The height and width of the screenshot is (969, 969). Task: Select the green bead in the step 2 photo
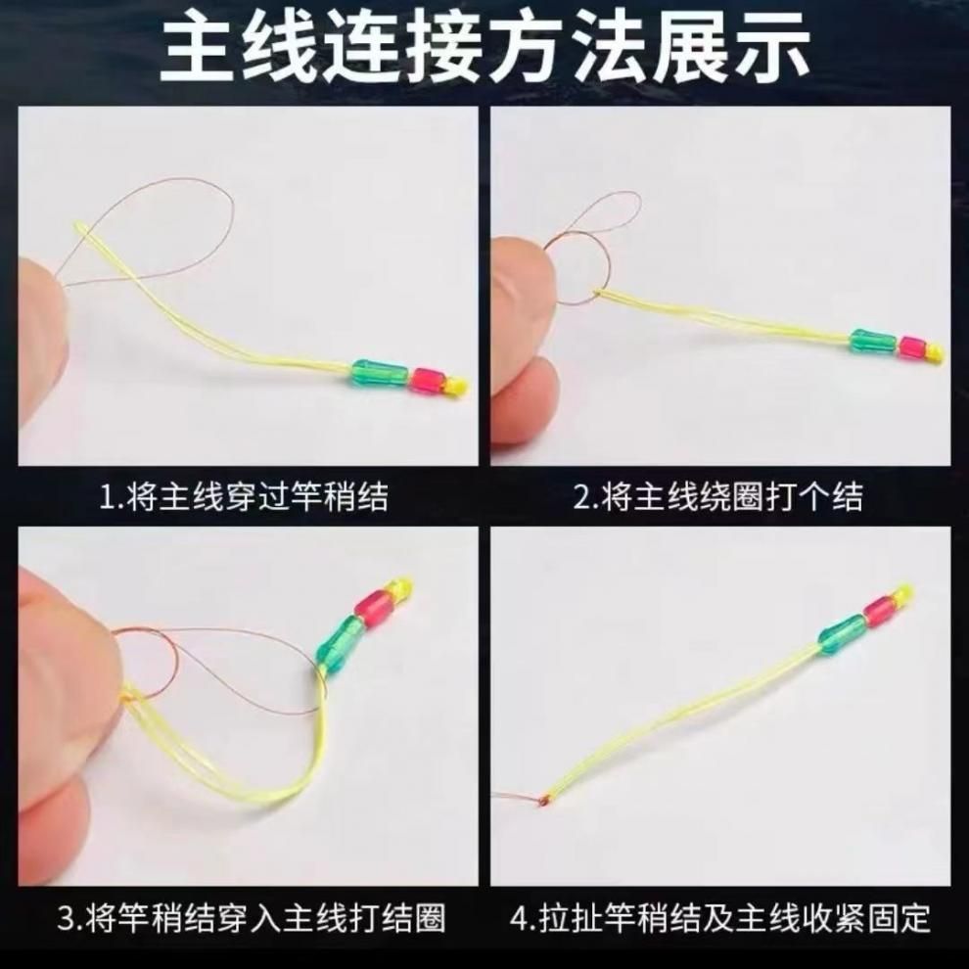tap(873, 341)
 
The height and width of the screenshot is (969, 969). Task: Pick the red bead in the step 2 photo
tap(912, 347)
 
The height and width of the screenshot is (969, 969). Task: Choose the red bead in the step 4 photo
tap(879, 607)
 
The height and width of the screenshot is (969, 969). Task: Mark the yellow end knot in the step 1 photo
tap(456, 387)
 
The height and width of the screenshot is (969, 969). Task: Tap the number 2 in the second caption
tap(582, 496)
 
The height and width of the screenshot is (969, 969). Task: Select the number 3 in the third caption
tap(67, 918)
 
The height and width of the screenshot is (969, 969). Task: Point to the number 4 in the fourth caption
tap(521, 918)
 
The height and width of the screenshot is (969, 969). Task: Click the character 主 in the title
tap(196, 48)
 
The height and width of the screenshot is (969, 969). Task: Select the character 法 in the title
tap(609, 48)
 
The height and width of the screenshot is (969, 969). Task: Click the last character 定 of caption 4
tap(914, 918)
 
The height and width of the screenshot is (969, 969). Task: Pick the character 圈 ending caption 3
tap(430, 918)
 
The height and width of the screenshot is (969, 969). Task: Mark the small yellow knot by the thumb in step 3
tap(128, 698)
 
